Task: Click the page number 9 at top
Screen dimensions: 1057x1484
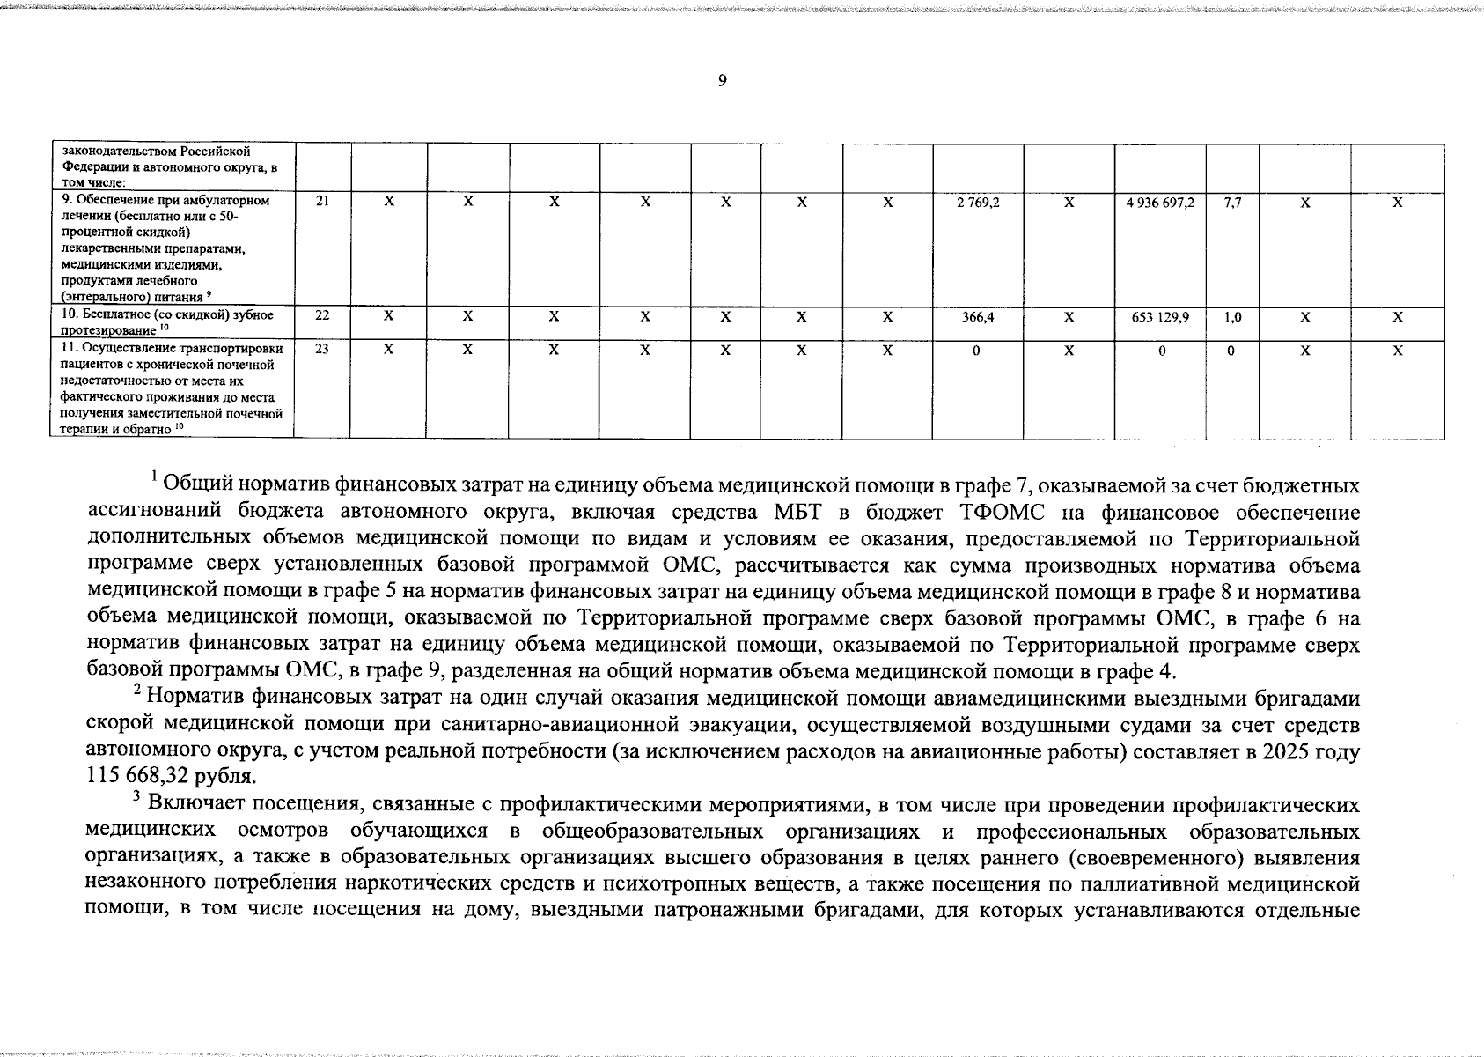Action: click(722, 81)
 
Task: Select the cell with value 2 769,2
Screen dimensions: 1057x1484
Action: click(978, 202)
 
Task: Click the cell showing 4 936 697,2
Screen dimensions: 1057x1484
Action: click(1160, 202)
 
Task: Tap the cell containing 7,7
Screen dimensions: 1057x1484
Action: click(1232, 202)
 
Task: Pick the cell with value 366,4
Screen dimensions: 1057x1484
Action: click(978, 316)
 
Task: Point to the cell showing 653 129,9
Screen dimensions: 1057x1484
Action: click(1160, 316)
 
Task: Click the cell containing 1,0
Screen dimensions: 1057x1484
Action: click(1232, 316)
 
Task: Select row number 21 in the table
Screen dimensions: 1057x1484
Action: click(322, 201)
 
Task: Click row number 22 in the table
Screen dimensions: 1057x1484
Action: click(322, 315)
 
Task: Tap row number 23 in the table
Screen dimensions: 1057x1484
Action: click(322, 349)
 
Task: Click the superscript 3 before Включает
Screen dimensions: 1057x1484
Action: click(136, 799)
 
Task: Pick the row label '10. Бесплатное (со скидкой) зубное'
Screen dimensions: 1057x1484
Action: click(167, 315)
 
